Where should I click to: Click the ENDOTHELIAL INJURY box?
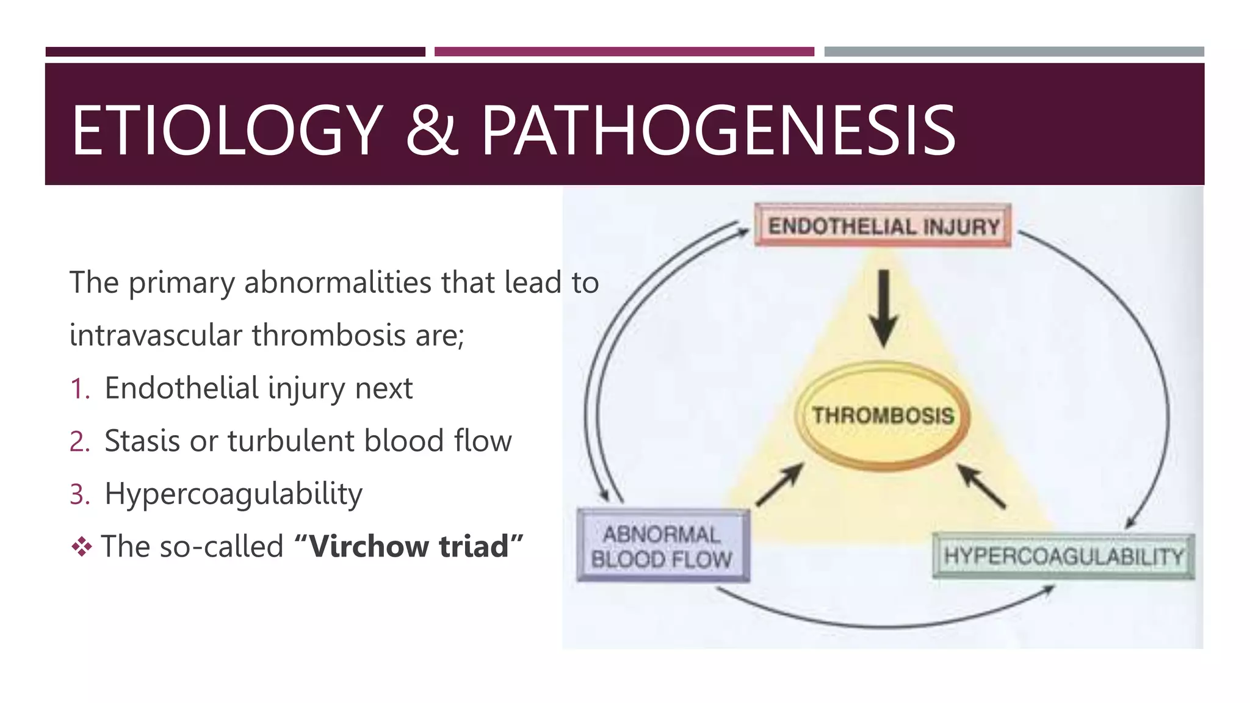[x=883, y=226]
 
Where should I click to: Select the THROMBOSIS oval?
[x=883, y=416]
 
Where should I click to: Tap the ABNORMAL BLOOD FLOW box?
[x=663, y=546]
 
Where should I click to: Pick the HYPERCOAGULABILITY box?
[x=1063, y=556]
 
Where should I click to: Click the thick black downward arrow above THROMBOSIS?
[x=883, y=308]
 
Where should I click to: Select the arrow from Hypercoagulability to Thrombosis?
[x=981, y=486]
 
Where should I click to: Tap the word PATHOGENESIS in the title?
[x=718, y=130]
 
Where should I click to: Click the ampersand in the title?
[x=432, y=130]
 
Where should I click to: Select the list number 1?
[x=79, y=389]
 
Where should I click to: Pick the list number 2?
[x=79, y=441]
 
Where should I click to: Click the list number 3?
[x=79, y=494]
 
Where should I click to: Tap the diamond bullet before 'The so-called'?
[x=82, y=546]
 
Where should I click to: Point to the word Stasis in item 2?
[x=142, y=441]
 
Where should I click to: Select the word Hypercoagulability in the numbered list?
[x=233, y=494]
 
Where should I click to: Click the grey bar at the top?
[x=1013, y=52]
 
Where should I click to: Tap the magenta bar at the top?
[x=624, y=52]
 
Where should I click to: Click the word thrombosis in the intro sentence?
[x=328, y=336]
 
